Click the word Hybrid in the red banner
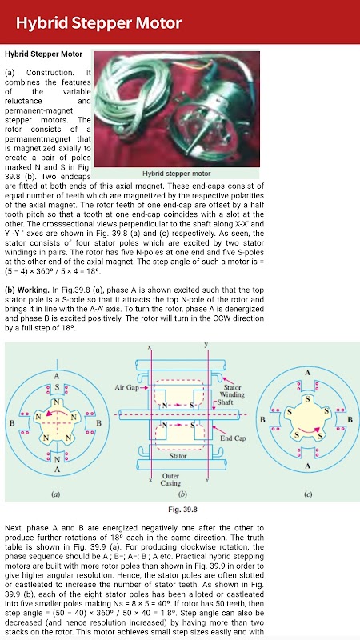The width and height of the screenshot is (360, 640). tap(42, 23)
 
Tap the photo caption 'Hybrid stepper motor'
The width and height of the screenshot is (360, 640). tap(176, 174)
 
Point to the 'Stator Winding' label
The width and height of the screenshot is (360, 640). tap(232, 391)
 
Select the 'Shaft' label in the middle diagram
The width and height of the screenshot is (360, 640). tap(225, 402)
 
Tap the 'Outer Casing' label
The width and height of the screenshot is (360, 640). tap(170, 479)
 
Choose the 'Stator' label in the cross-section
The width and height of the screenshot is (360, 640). tap(178, 455)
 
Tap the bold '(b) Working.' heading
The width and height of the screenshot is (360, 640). tap(26, 290)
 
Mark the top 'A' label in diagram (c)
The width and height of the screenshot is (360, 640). tap(307, 373)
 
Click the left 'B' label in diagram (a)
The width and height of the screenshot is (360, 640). tap(12, 423)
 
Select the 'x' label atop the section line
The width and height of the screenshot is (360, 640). tap(150, 347)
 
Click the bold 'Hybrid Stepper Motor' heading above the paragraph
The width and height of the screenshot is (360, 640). tap(43, 54)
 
